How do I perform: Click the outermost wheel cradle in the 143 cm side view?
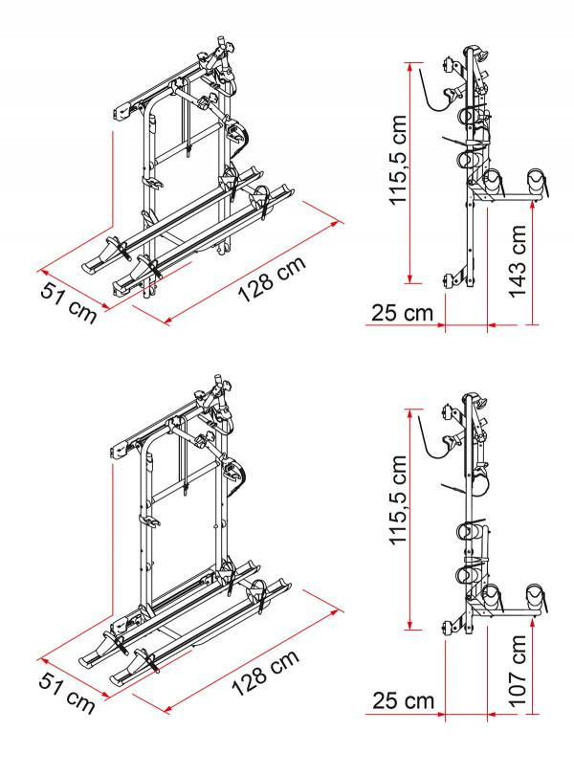coord(538,182)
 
